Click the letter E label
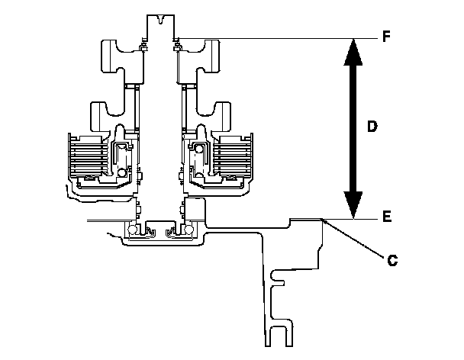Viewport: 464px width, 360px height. click(x=386, y=217)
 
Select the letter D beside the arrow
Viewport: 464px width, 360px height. click(x=372, y=127)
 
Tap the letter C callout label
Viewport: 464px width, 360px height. click(x=391, y=260)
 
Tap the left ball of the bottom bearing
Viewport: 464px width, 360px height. click(x=134, y=230)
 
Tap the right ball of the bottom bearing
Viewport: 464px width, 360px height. click(x=188, y=230)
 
